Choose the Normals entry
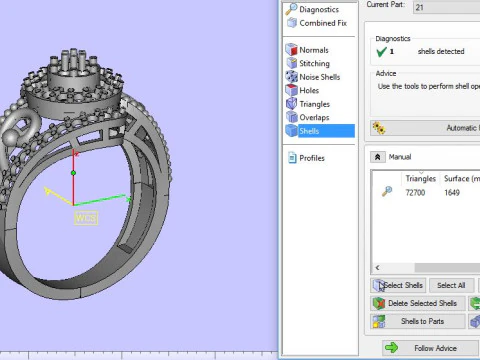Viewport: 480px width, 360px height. [x=314, y=49]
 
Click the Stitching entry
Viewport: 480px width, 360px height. [x=316, y=63]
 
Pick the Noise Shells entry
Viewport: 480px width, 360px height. [x=319, y=77]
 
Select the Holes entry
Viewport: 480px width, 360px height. [x=309, y=90]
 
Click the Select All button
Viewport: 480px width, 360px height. [x=451, y=285]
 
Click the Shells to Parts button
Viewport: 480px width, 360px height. [x=419, y=321]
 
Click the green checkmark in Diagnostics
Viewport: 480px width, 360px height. [x=381, y=51]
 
